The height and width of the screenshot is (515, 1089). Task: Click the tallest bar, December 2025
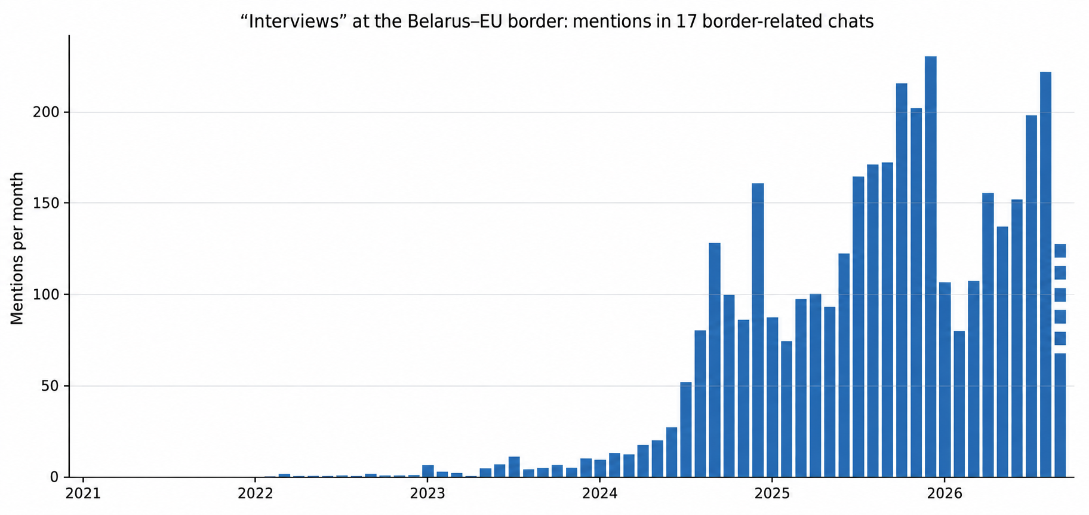point(930,266)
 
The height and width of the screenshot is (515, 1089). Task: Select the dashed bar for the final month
point(1060,360)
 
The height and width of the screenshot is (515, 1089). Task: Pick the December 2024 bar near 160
point(758,330)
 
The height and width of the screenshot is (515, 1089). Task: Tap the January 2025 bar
point(772,397)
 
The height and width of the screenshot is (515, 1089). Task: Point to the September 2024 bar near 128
point(715,360)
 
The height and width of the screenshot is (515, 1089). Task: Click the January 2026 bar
point(945,380)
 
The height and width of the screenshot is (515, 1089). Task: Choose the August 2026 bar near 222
point(1045,275)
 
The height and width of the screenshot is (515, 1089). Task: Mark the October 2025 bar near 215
point(902,280)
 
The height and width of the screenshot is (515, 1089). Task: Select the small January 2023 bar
point(427,471)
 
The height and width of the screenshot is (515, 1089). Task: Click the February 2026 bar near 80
point(959,404)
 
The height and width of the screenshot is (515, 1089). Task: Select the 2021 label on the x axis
point(83,494)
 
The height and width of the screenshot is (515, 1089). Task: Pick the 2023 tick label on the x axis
point(427,494)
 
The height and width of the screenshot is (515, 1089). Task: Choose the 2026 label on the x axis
point(944,494)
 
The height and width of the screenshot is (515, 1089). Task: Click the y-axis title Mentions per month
point(17,249)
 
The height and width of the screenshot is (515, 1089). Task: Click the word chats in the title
point(854,22)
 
